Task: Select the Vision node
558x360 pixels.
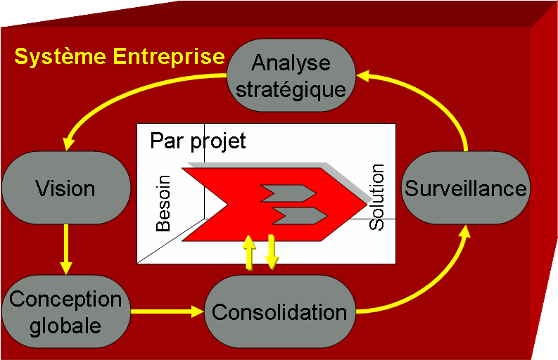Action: tap(65, 188)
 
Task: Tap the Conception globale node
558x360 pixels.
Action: tap(65, 311)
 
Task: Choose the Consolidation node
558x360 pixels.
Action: tap(279, 311)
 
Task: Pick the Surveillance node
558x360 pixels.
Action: tap(465, 188)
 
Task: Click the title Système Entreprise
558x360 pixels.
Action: tap(120, 56)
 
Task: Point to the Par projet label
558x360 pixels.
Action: tap(198, 141)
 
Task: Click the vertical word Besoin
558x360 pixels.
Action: tap(163, 205)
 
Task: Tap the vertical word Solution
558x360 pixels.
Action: tap(378, 197)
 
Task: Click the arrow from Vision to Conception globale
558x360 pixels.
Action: tap(66, 250)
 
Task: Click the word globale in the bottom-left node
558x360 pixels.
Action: tap(65, 326)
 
